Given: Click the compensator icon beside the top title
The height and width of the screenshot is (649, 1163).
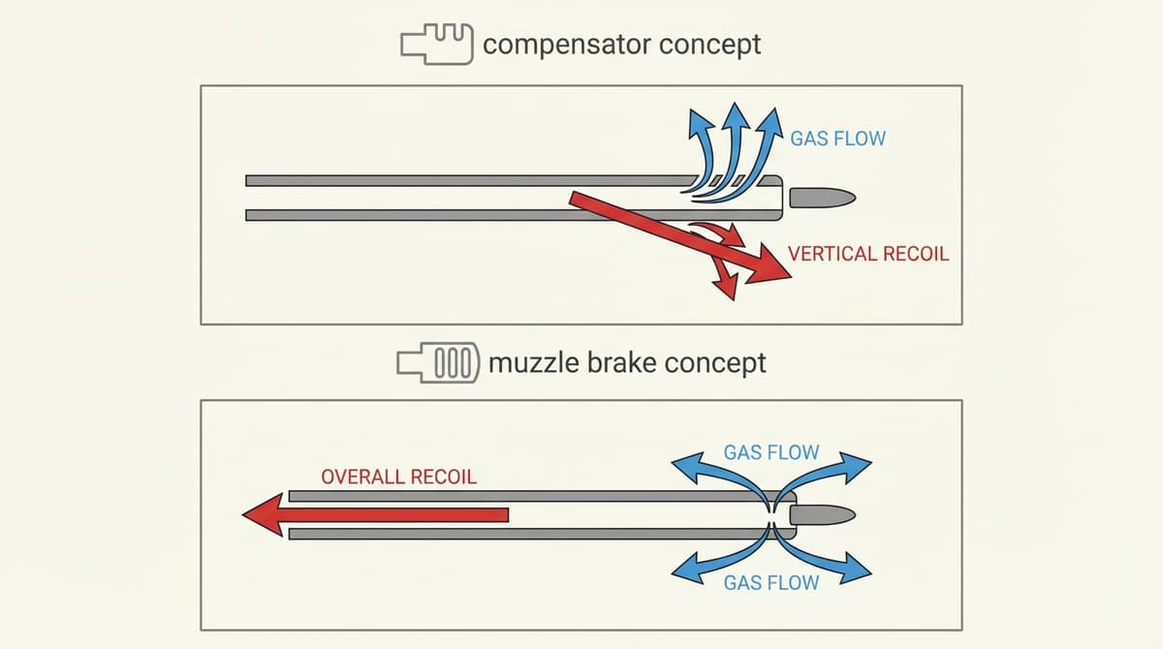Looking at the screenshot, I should [436, 45].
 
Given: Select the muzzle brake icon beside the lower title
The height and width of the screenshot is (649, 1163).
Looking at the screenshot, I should [438, 363].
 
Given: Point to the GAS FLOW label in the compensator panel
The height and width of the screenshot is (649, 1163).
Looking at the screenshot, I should [837, 138].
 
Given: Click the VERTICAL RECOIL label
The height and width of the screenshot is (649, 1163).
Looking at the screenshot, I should [867, 254].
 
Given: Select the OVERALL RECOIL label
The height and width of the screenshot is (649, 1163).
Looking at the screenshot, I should [398, 478].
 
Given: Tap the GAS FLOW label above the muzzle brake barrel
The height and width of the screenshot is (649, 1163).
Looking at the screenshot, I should [770, 452].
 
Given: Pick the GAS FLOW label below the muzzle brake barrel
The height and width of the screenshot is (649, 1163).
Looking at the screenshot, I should [770, 583].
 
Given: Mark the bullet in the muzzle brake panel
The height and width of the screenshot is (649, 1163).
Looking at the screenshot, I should [822, 513].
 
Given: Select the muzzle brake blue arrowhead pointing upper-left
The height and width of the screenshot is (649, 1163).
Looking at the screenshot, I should [684, 467].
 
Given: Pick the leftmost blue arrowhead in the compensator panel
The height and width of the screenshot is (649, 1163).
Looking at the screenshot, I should [697, 122].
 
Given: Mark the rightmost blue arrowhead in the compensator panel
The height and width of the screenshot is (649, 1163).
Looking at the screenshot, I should [772, 122].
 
